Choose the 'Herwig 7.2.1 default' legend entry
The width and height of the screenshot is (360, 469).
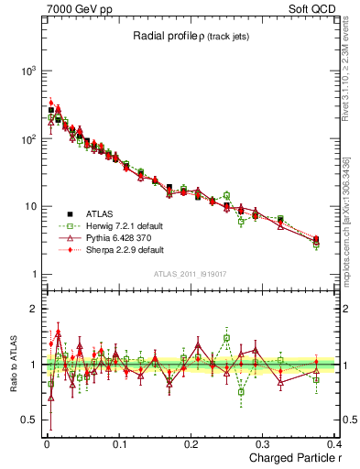pos(116,224)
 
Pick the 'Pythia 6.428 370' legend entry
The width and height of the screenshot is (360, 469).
pos(108,237)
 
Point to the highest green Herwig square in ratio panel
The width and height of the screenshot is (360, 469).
pos(226,337)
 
